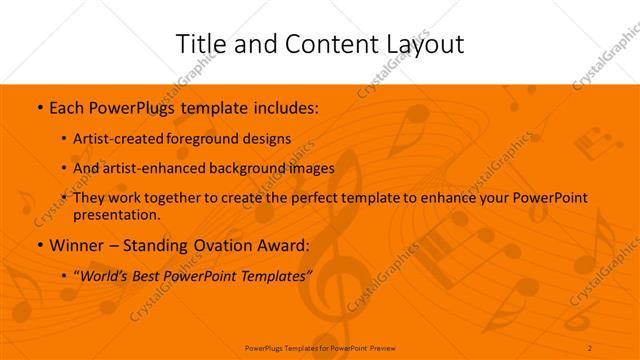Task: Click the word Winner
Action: [x=75, y=245]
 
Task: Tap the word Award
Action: [x=282, y=245]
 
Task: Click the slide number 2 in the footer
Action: [x=590, y=347]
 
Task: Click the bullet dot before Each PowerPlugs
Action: [x=38, y=106]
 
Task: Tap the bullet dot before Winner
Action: [x=38, y=245]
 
